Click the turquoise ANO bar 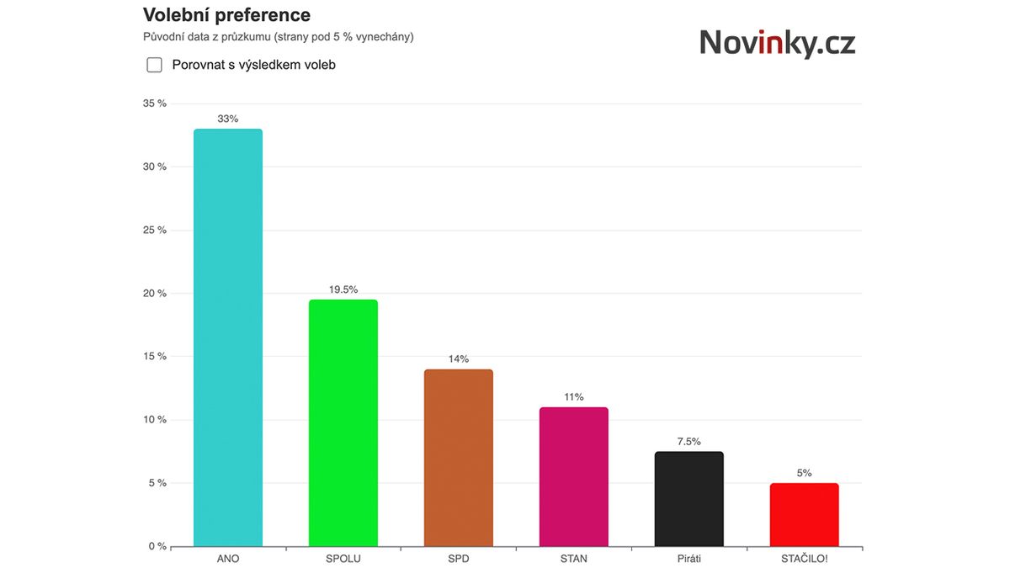227,337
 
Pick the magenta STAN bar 573,476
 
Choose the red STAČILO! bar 804,514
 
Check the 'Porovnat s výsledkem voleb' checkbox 154,65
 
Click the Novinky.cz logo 777,42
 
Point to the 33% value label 227,119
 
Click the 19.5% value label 343,289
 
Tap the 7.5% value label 688,441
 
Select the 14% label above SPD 458,358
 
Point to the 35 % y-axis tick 155,104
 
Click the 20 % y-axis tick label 155,293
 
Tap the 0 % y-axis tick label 157,546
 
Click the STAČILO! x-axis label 804,559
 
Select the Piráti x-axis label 688,559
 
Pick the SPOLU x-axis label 343,559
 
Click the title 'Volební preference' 226,15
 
